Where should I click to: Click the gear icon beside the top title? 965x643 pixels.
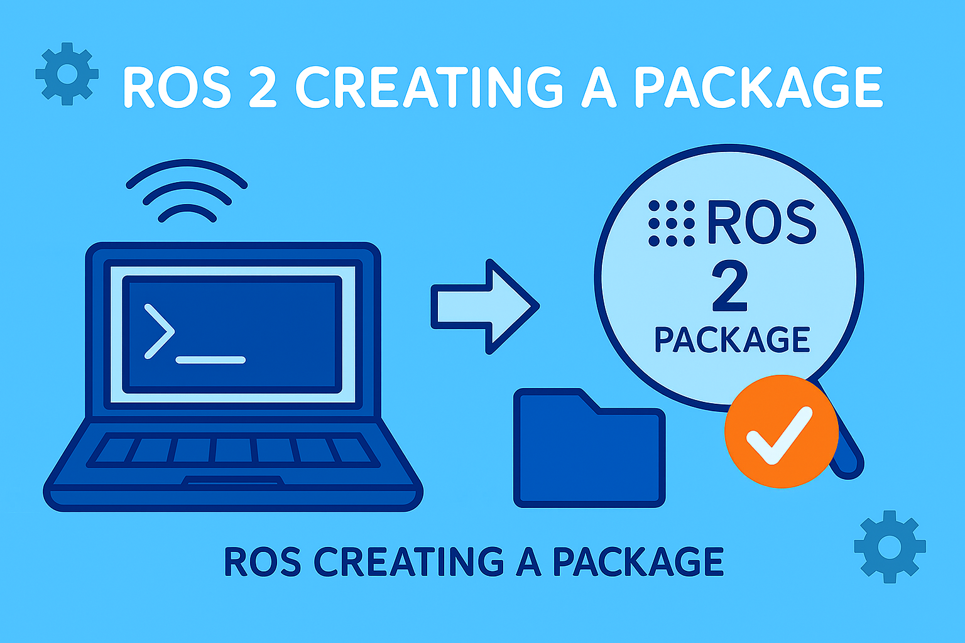point(67,73)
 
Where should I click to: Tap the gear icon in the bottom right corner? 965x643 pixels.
point(890,546)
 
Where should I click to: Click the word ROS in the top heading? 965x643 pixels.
point(177,87)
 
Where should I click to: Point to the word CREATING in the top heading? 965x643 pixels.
point(430,87)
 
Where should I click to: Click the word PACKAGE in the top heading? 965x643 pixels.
point(758,87)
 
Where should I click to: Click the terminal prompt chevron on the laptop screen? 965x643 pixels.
point(159,331)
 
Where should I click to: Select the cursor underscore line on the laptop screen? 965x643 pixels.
point(210,360)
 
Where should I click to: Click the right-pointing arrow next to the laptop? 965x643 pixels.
point(484,306)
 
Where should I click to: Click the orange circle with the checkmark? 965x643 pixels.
point(781,431)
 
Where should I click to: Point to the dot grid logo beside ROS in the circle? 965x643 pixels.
point(671,223)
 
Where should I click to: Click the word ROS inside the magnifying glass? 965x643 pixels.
point(761,223)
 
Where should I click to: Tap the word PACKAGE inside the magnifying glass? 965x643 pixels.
point(732,340)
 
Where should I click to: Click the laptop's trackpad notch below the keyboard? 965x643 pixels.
point(233,480)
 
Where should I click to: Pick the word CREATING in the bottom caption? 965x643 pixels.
point(408,561)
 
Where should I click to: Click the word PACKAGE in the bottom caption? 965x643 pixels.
point(638,561)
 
